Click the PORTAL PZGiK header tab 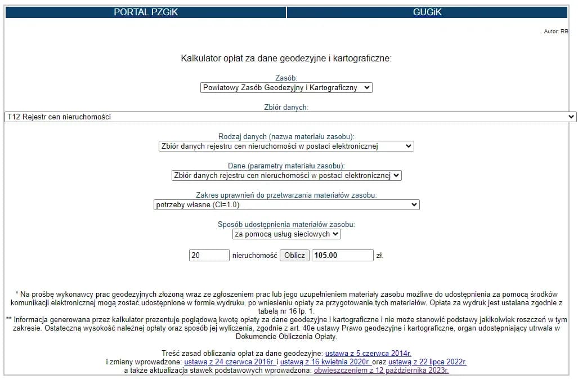145,12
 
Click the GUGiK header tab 427,12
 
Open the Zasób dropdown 286,88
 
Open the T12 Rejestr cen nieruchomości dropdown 290,117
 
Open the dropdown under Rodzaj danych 286,146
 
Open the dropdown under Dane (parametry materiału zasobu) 286,175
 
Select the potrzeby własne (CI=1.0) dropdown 286,204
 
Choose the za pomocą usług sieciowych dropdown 286,234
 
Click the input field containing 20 209,255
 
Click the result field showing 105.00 342,255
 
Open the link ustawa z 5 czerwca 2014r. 368,353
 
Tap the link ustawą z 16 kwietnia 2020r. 325,362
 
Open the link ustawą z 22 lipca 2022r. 427,362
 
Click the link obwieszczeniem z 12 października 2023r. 381,371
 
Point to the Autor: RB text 555,32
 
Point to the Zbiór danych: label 286,106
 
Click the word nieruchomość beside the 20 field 254,255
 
